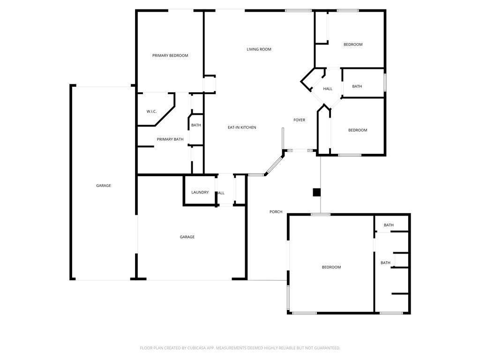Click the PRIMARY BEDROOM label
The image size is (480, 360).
[x=170, y=56]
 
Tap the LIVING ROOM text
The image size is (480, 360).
[x=259, y=49]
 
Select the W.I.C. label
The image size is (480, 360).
[x=151, y=112]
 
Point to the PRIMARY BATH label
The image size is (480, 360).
[x=170, y=139]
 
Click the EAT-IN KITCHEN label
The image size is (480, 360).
[x=242, y=127]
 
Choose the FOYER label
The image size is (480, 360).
[x=299, y=120]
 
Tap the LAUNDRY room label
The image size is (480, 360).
[x=200, y=193]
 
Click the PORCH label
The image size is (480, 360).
[x=276, y=212]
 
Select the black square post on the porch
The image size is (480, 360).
[x=317, y=192]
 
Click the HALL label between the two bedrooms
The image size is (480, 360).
[x=328, y=89]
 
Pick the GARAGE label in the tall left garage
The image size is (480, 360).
[x=104, y=186]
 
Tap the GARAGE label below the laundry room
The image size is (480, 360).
[x=187, y=237]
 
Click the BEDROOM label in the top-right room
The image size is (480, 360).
[x=353, y=45]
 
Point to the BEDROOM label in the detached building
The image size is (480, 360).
[x=331, y=267]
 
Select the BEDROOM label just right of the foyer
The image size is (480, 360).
[x=357, y=130]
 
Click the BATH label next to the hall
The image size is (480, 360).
[x=357, y=86]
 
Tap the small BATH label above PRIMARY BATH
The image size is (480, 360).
[x=196, y=125]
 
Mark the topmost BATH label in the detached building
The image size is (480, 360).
[x=389, y=225]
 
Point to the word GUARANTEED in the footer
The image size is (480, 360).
[x=324, y=348]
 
